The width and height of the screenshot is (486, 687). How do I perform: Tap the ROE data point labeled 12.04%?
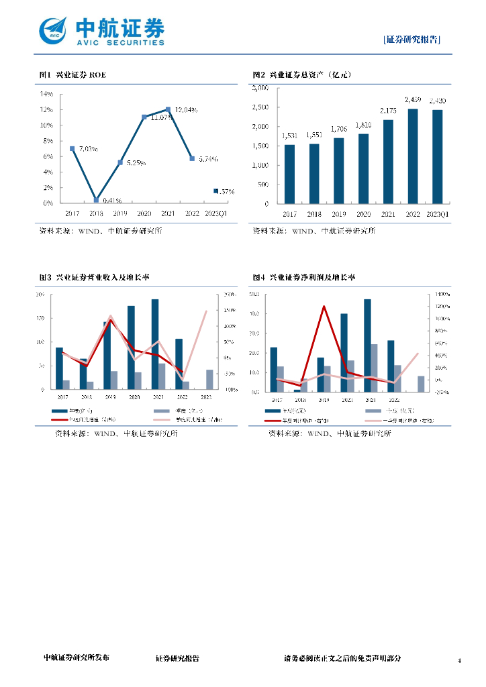coord(168,109)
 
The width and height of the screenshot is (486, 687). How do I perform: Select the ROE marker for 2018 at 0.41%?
coord(96,199)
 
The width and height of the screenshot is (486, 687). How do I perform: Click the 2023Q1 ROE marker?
coord(215,191)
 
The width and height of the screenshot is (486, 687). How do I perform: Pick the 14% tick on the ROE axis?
coord(47,94)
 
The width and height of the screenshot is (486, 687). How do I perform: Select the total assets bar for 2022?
coord(413,156)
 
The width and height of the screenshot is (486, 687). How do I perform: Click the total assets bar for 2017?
coord(289,174)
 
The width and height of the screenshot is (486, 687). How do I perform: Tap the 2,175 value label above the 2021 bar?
coord(388,111)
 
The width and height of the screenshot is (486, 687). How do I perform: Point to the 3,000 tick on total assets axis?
coord(260,88)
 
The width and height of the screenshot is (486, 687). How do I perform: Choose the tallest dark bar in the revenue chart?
coord(155,343)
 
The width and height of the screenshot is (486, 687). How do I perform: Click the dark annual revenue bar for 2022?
coord(179,364)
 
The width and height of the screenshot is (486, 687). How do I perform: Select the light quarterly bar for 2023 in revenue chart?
coord(210,379)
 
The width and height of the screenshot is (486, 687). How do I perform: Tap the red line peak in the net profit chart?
coord(324,306)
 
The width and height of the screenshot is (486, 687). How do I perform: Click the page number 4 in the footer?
coord(460,661)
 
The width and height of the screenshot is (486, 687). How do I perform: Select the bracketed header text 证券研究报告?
coord(412,39)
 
